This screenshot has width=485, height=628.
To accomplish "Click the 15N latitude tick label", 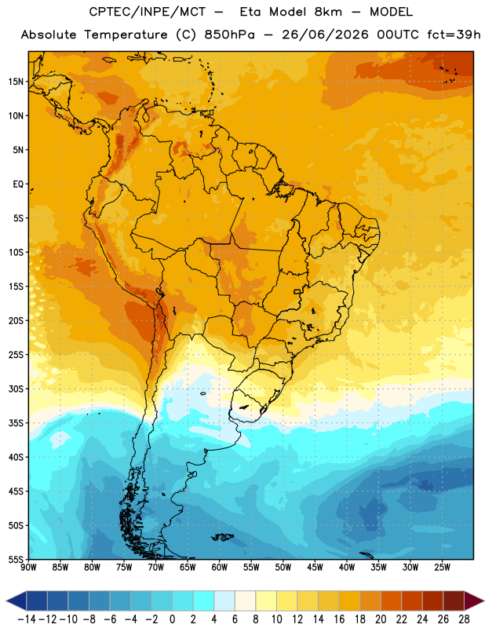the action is click(16, 82).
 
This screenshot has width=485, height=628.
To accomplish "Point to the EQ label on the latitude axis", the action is click(18, 184).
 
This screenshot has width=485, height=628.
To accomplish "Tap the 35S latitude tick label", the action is click(16, 423).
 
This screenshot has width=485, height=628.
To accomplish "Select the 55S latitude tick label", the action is click(16, 559).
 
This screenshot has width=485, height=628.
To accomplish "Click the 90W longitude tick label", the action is click(28, 568).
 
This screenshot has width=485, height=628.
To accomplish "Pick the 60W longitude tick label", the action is click(220, 568).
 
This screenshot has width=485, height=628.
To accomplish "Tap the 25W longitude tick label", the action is click(442, 568).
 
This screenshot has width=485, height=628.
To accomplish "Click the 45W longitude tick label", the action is click(315, 568).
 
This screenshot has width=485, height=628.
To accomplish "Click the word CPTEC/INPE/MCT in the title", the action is click(147, 12).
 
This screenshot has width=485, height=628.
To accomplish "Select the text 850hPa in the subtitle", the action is click(229, 35).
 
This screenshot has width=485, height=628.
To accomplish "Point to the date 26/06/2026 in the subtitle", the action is click(325, 35).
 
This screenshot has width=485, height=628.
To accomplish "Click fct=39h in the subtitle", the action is click(454, 35).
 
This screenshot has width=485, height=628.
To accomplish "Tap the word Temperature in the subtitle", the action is click(126, 35).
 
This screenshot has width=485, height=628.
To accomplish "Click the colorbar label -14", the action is click(27, 619).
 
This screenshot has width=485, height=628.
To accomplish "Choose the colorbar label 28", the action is click(464, 619).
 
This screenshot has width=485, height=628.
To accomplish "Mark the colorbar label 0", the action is click(172, 619).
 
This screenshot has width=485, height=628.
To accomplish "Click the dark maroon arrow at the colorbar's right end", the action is click(474, 601).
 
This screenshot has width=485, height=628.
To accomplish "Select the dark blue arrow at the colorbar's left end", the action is click(16, 601).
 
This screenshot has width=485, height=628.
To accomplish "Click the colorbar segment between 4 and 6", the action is click(224, 601).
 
